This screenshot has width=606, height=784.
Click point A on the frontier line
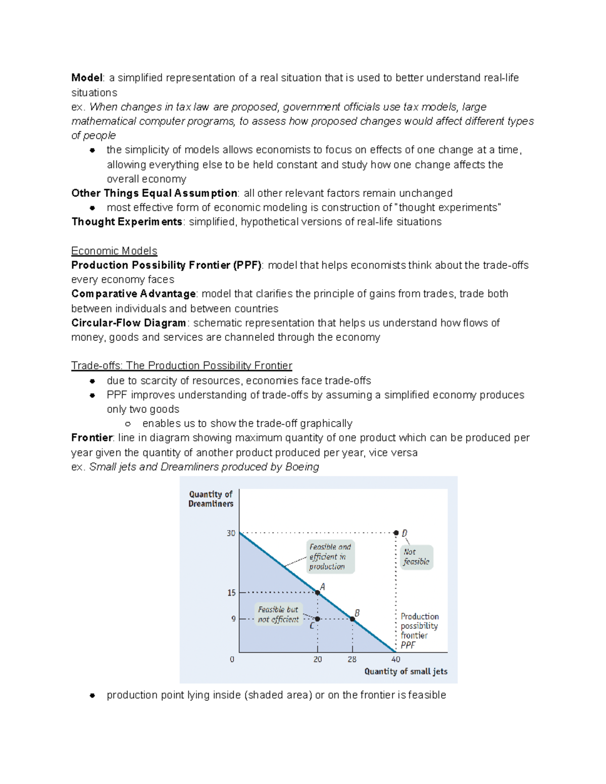click(318, 592)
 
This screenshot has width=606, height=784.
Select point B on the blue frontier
click(352, 618)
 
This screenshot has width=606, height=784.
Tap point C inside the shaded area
click(318, 618)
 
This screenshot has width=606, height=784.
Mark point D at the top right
click(396, 533)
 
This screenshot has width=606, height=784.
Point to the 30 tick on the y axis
click(231, 533)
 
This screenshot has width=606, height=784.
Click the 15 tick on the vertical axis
click(231, 593)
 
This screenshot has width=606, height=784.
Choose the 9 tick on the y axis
click(233, 619)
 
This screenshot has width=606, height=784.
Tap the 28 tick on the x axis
click(352, 659)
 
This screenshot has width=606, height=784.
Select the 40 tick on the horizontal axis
click(396, 659)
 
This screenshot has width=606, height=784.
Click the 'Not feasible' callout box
click(417, 557)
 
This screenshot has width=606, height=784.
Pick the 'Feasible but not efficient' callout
click(279, 614)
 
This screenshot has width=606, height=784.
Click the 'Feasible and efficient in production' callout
click(330, 557)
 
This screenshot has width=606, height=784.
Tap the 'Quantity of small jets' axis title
click(406, 671)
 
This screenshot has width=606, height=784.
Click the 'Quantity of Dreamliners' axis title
click(211, 499)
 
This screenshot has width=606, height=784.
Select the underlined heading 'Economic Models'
click(114, 251)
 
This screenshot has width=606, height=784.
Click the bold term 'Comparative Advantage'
click(133, 294)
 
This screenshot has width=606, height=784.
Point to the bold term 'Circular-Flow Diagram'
click(129, 323)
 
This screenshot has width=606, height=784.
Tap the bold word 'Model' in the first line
click(87, 78)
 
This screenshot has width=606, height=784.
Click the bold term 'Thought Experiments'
click(127, 222)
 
